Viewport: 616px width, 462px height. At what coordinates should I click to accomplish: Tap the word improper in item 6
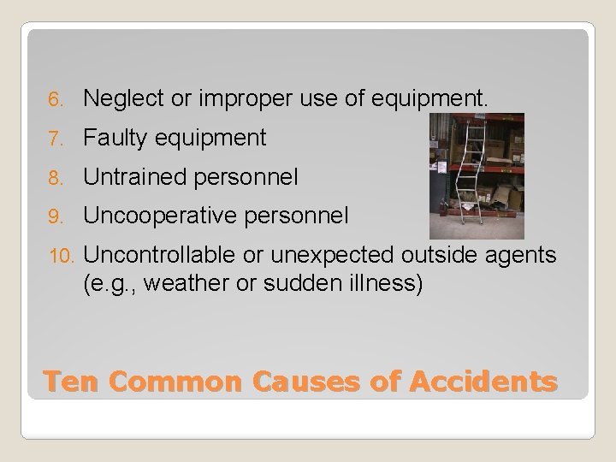coord(230,100)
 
